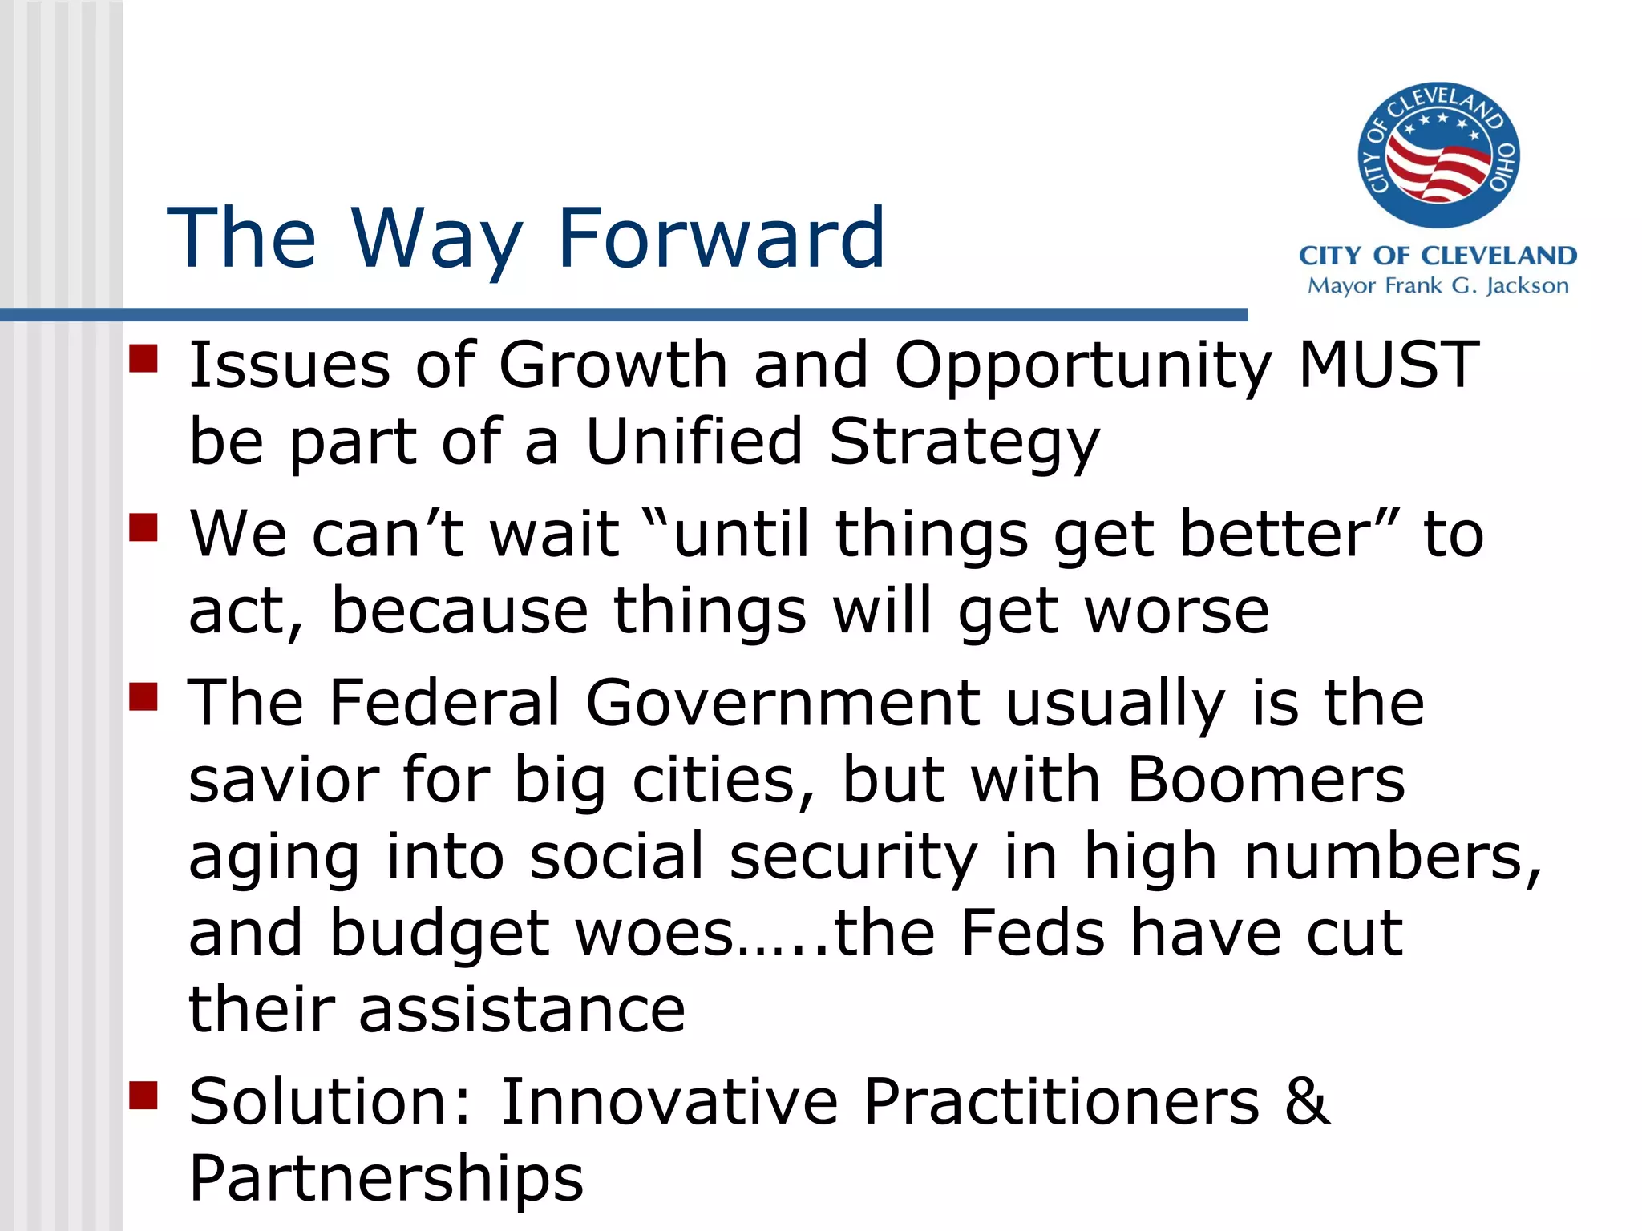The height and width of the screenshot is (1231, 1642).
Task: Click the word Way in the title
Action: [436, 238]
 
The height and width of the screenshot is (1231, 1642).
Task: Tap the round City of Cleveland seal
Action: [1438, 155]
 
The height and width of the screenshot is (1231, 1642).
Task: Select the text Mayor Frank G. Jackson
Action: [1438, 286]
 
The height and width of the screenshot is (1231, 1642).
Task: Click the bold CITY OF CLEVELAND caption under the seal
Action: [1438, 256]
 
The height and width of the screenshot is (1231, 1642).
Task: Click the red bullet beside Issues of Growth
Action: [144, 358]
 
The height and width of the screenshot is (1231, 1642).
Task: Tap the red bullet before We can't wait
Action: [144, 527]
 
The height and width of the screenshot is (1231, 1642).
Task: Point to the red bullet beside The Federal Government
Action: [144, 696]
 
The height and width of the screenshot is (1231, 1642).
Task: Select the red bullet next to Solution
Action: [144, 1095]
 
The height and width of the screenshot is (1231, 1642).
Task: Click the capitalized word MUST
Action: [1388, 365]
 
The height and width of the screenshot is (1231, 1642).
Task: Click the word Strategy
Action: [964, 443]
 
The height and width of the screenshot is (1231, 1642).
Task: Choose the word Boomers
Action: [1266, 780]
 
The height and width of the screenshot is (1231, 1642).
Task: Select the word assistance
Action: [522, 1010]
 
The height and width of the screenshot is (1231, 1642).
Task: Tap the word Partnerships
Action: [386, 1179]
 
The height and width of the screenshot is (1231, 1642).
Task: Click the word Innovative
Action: [669, 1102]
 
